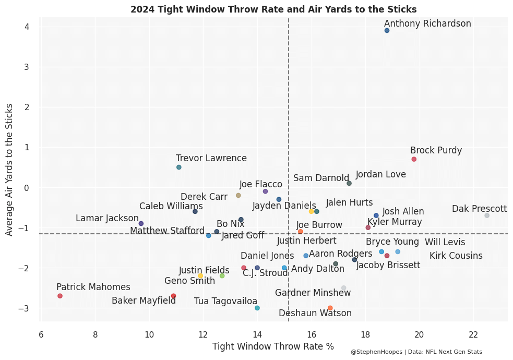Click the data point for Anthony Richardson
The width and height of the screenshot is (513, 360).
coord(387,31)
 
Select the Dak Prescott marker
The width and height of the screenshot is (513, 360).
coord(487,215)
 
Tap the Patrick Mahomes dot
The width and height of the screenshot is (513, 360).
coord(60,296)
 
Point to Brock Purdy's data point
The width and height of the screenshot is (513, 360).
coord(414,159)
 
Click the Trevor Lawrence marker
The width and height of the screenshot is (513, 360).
coord(179,167)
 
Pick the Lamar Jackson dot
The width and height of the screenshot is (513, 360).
coord(141,223)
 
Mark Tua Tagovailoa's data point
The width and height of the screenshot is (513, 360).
coord(257,308)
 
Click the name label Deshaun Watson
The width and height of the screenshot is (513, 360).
coord(315,314)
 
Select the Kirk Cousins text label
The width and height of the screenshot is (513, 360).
coord(456,256)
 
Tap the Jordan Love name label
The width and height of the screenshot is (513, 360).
coord(380,175)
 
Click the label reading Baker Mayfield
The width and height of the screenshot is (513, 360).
coord(144,301)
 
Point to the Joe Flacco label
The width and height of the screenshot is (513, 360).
coord(260,184)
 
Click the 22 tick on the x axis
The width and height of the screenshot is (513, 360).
coord(473,334)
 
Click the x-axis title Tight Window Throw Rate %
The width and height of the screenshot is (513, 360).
coord(273,346)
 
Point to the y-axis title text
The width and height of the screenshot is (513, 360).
coord(9,170)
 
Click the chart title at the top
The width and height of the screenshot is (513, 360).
coord(273,9)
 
